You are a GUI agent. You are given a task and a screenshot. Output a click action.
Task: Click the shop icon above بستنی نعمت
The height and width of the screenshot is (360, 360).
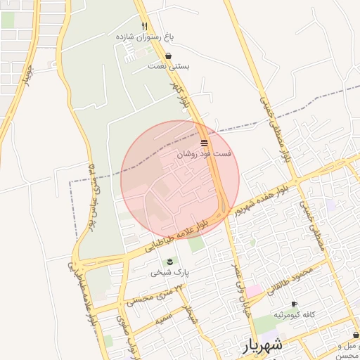[x=168, y=56]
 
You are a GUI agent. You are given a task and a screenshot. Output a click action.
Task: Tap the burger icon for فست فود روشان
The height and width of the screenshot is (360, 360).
[x=204, y=142]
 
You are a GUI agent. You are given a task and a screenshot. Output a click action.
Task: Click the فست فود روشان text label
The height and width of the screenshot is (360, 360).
[x=204, y=153]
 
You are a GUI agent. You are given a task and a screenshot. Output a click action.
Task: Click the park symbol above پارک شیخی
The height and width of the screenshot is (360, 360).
[x=169, y=262]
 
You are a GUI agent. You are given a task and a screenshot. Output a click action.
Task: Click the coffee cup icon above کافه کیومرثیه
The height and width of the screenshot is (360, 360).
[x=294, y=304]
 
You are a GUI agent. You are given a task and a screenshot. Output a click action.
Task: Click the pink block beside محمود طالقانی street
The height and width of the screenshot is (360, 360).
[x=253, y=290]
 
